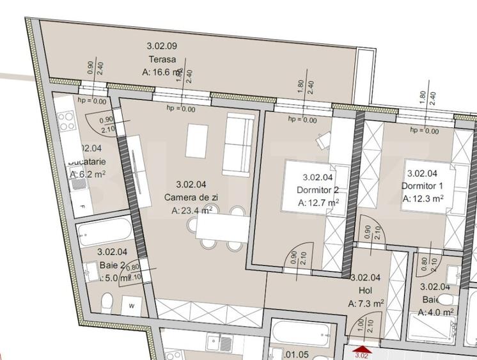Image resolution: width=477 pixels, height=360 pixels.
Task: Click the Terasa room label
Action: [157, 60]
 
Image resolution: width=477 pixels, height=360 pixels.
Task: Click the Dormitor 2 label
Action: [318, 191]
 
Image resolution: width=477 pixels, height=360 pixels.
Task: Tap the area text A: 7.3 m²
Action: [366, 303]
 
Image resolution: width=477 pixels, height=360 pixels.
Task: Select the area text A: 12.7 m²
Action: [318, 203]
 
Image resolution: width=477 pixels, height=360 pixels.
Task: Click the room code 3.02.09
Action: [162, 46]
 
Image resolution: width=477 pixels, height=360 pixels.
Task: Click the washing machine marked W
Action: [131, 304]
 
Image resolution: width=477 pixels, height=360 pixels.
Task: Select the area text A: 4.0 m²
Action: [435, 312]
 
